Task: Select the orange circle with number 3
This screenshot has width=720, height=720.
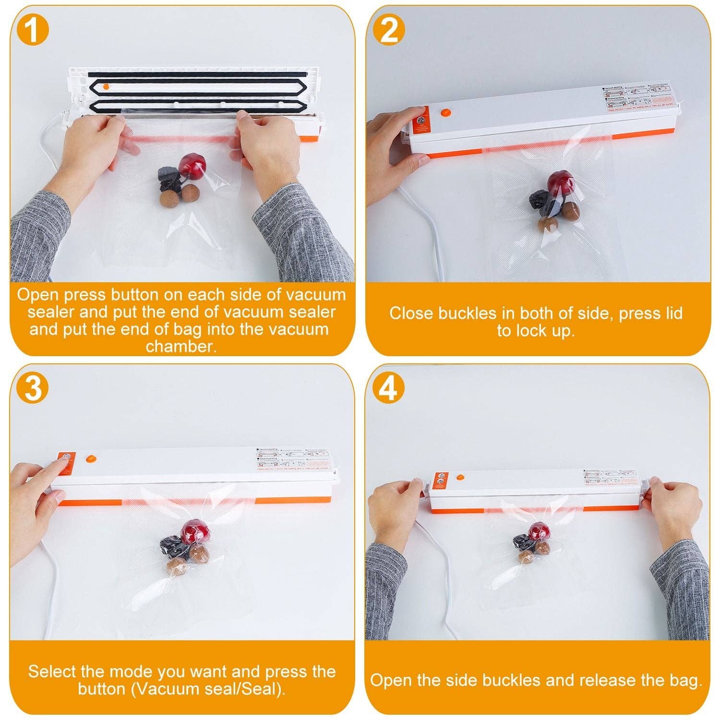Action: coord(33,387)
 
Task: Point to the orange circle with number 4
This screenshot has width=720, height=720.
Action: coord(389,387)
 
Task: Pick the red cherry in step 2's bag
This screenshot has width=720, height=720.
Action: coord(560,182)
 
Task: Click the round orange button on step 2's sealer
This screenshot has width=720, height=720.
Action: coord(446,113)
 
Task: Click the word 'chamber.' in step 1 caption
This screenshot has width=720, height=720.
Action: coord(181,346)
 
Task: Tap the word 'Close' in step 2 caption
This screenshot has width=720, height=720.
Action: coord(408,313)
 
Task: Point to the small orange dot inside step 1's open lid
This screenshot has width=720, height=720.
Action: coord(106,86)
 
